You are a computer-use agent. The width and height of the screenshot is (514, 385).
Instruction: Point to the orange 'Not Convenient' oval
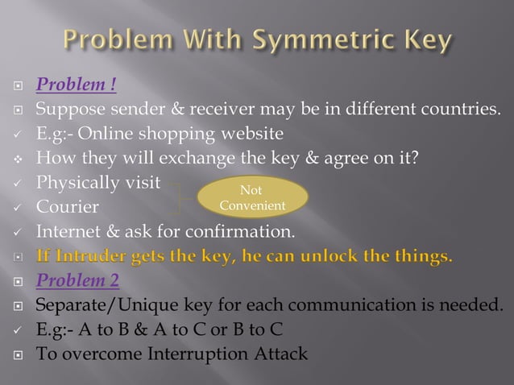252,197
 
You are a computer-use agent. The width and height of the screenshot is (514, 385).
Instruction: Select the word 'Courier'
67,207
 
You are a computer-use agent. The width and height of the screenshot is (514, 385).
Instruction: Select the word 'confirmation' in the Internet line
246,233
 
